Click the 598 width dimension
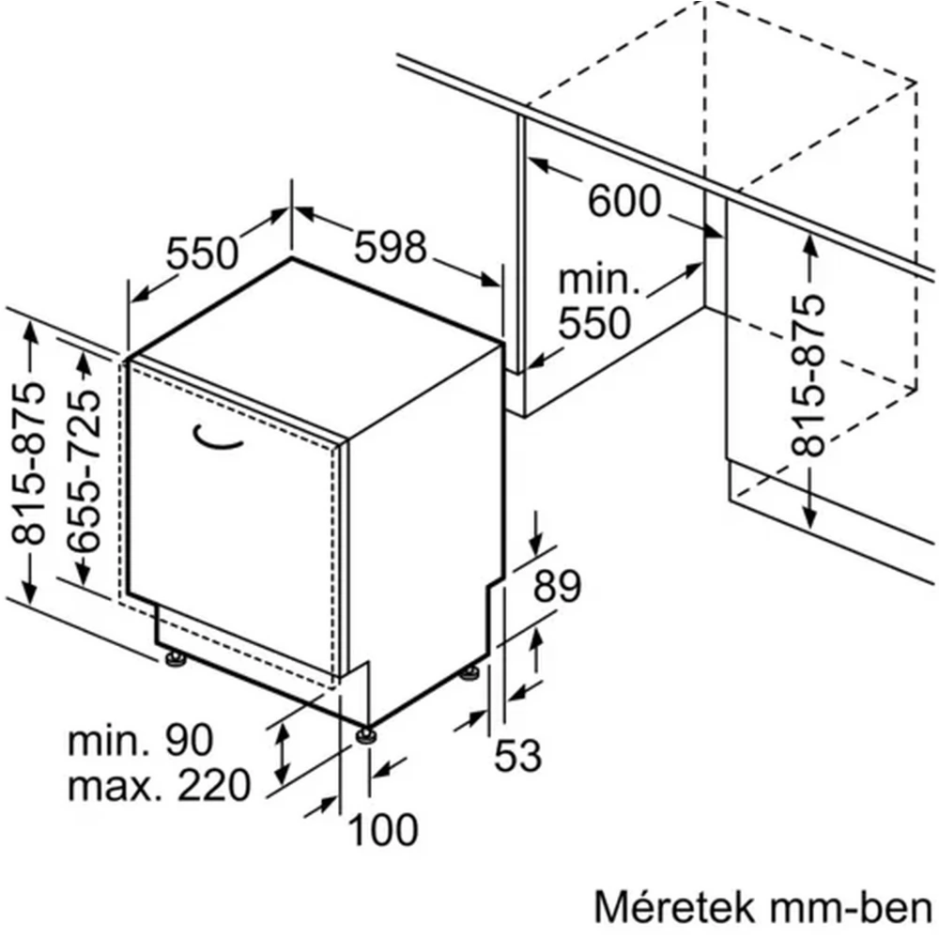click(x=391, y=247)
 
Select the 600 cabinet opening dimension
click(x=624, y=201)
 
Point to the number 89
click(x=557, y=586)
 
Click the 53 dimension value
click(x=517, y=755)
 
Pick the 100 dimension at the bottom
click(x=383, y=829)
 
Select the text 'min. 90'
click(x=140, y=740)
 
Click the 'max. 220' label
click(x=159, y=785)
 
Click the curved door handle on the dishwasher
click(x=217, y=437)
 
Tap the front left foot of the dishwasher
click(x=176, y=658)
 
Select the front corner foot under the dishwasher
click(x=366, y=735)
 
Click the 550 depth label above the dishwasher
click(x=202, y=253)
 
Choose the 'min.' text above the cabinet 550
click(x=599, y=280)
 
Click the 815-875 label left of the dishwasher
click(x=28, y=463)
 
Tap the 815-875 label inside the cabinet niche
click(x=808, y=376)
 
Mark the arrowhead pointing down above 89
click(x=536, y=546)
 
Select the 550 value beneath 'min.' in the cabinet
click(x=594, y=323)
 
